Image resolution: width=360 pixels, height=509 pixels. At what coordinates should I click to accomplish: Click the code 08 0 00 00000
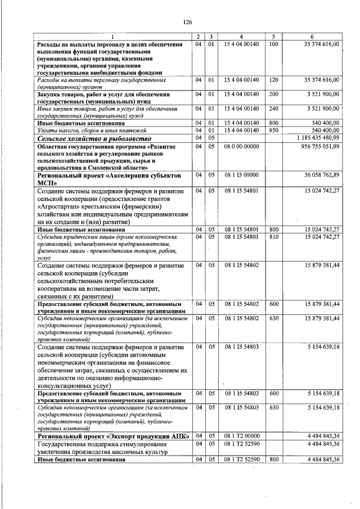[x=242, y=146]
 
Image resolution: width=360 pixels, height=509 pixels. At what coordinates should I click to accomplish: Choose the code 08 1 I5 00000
[x=242, y=175]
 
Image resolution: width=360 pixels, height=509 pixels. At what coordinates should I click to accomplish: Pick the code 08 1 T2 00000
[x=242, y=436]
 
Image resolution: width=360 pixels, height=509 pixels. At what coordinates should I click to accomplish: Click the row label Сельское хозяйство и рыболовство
[x=94, y=138]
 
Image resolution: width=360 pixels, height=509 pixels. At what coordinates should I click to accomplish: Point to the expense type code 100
[x=273, y=44]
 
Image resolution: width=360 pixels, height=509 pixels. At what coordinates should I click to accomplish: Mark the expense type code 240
[x=273, y=108]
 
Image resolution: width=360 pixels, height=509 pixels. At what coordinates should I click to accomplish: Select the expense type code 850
[x=273, y=130]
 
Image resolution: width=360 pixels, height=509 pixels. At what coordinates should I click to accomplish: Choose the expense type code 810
[x=273, y=236]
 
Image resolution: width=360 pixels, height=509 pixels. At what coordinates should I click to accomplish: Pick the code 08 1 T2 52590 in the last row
[x=242, y=460]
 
